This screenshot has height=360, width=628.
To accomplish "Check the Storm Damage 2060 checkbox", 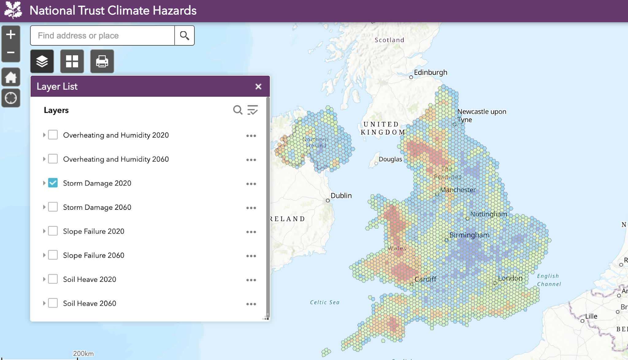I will pyautogui.click(x=53, y=207).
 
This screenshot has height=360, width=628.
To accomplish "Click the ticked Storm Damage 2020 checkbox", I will pyautogui.click(x=53, y=183).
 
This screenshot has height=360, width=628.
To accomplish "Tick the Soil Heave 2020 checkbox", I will pyautogui.click(x=53, y=279).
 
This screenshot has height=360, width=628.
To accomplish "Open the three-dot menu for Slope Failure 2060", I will pyautogui.click(x=251, y=256).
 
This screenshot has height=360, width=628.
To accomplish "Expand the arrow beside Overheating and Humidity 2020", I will pyautogui.click(x=44, y=135).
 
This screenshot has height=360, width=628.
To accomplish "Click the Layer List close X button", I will pyautogui.click(x=258, y=86).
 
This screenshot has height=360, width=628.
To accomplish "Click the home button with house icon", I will pyautogui.click(x=11, y=77).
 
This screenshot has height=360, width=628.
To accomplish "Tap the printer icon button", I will pyautogui.click(x=102, y=61).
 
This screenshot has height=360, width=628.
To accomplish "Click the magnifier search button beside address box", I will pyautogui.click(x=184, y=36).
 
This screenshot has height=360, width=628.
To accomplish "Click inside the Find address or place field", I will pyautogui.click(x=102, y=36).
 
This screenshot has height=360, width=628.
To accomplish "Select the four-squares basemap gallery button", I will pyautogui.click(x=72, y=61).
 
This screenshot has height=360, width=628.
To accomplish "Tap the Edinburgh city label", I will pyautogui.click(x=430, y=72).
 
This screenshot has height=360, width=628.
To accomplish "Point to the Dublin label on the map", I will pyautogui.click(x=341, y=196).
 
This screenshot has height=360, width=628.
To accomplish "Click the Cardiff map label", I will pyautogui.click(x=425, y=279).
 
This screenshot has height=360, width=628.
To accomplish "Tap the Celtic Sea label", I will pyautogui.click(x=324, y=302).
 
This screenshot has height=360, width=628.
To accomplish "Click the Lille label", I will pyautogui.click(x=591, y=316).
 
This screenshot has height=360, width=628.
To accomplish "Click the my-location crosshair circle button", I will pyautogui.click(x=11, y=98).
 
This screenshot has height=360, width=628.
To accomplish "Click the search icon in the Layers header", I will pyautogui.click(x=238, y=110).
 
